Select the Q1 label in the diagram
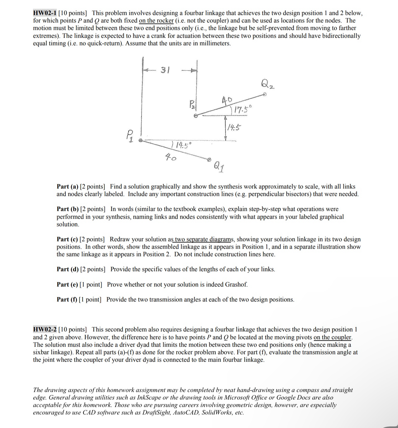click(219, 167)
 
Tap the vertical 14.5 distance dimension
click(234, 127)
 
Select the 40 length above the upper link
click(227, 100)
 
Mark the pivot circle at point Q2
click(265, 94)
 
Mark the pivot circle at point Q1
click(209, 159)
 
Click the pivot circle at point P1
click(140, 140)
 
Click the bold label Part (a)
click(67, 187)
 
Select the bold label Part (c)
click(67, 239)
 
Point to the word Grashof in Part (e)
click(236, 284)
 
